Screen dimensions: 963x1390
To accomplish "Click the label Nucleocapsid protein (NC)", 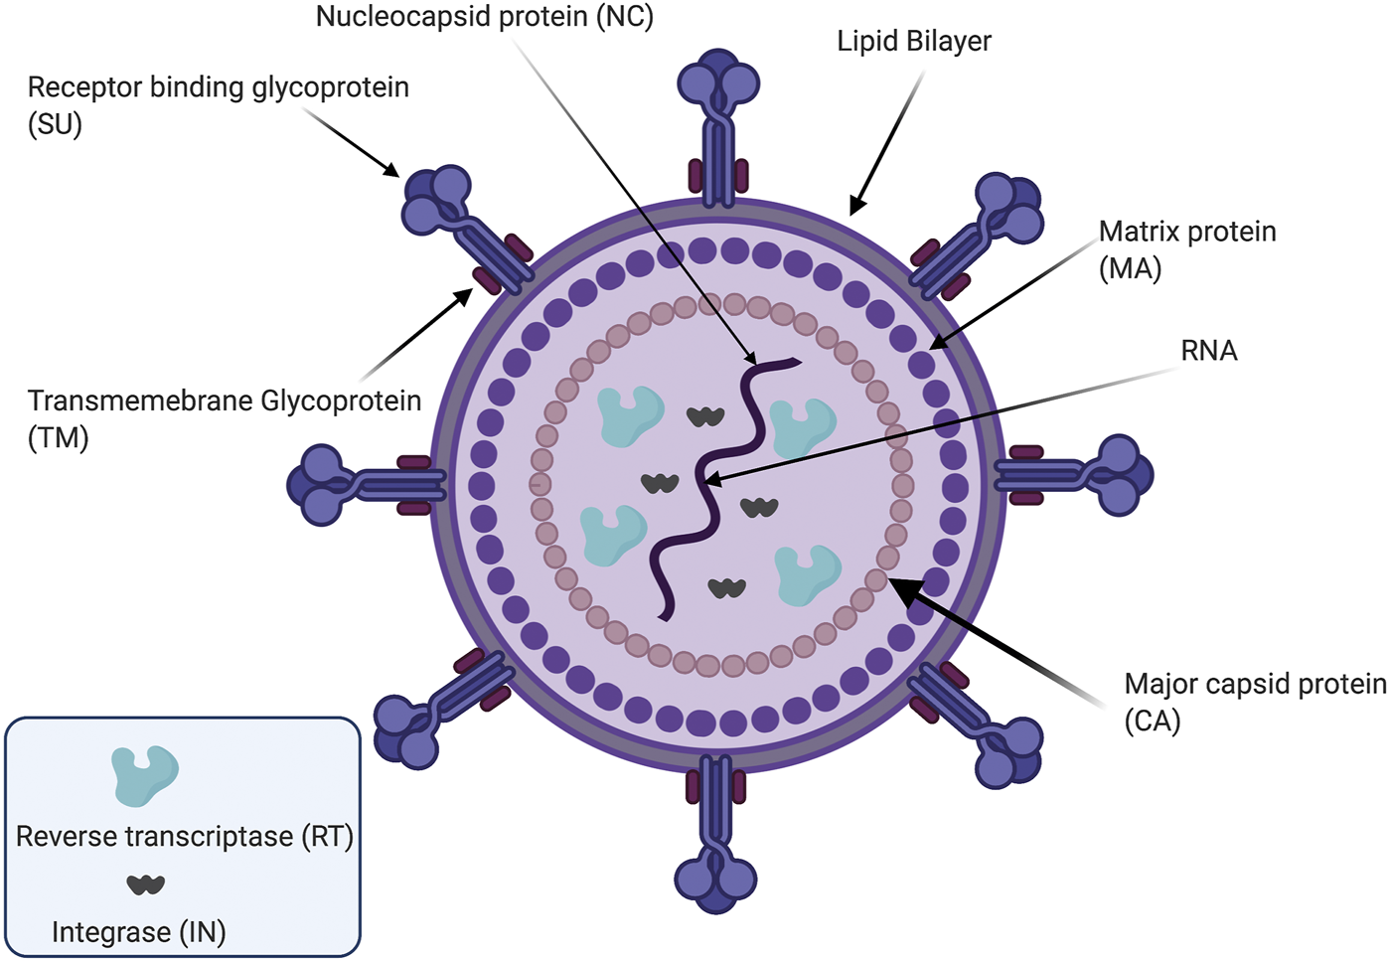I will pyautogui.click(x=484, y=18).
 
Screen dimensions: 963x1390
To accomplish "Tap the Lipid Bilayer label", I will pyautogui.click(x=913, y=42).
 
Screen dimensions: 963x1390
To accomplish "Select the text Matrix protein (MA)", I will pyautogui.click(x=1186, y=249).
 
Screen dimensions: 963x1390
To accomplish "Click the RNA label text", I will pyautogui.click(x=1208, y=351).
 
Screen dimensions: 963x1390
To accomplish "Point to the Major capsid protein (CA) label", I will pyautogui.click(x=1254, y=702).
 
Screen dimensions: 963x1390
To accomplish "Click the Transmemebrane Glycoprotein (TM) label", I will pyautogui.click(x=224, y=417).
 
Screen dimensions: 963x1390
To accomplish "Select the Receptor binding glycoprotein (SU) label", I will pyautogui.click(x=218, y=104).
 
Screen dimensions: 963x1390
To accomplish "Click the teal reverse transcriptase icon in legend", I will pyautogui.click(x=145, y=775).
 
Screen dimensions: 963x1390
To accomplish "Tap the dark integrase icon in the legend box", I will pyautogui.click(x=145, y=883).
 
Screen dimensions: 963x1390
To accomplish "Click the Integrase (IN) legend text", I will pyautogui.click(x=139, y=932).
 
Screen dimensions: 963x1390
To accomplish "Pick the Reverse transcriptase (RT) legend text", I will pyautogui.click(x=185, y=837).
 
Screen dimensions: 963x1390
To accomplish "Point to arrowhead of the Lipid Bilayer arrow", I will pyautogui.click(x=855, y=209).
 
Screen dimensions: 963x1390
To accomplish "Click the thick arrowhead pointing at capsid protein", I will pyautogui.click(x=898, y=586).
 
